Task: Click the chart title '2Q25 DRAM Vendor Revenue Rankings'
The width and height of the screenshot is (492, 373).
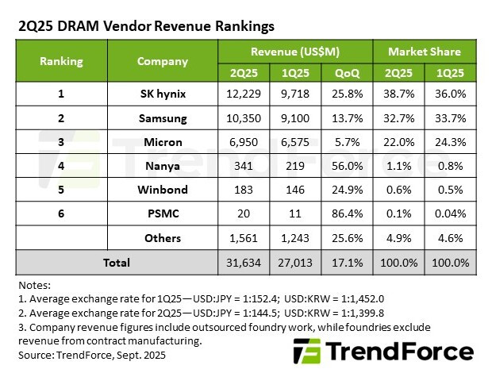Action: point(146,26)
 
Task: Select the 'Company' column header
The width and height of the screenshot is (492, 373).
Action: point(162,61)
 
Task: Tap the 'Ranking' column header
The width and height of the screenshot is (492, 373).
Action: point(61,61)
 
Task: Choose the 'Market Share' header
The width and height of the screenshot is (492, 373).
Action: point(425,52)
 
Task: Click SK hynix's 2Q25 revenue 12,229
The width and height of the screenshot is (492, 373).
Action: point(243,94)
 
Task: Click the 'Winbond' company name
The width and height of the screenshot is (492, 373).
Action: point(162,190)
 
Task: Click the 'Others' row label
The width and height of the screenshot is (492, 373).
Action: point(162,237)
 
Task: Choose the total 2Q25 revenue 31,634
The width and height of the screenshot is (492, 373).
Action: point(243,262)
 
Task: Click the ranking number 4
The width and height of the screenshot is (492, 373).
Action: point(61,166)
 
